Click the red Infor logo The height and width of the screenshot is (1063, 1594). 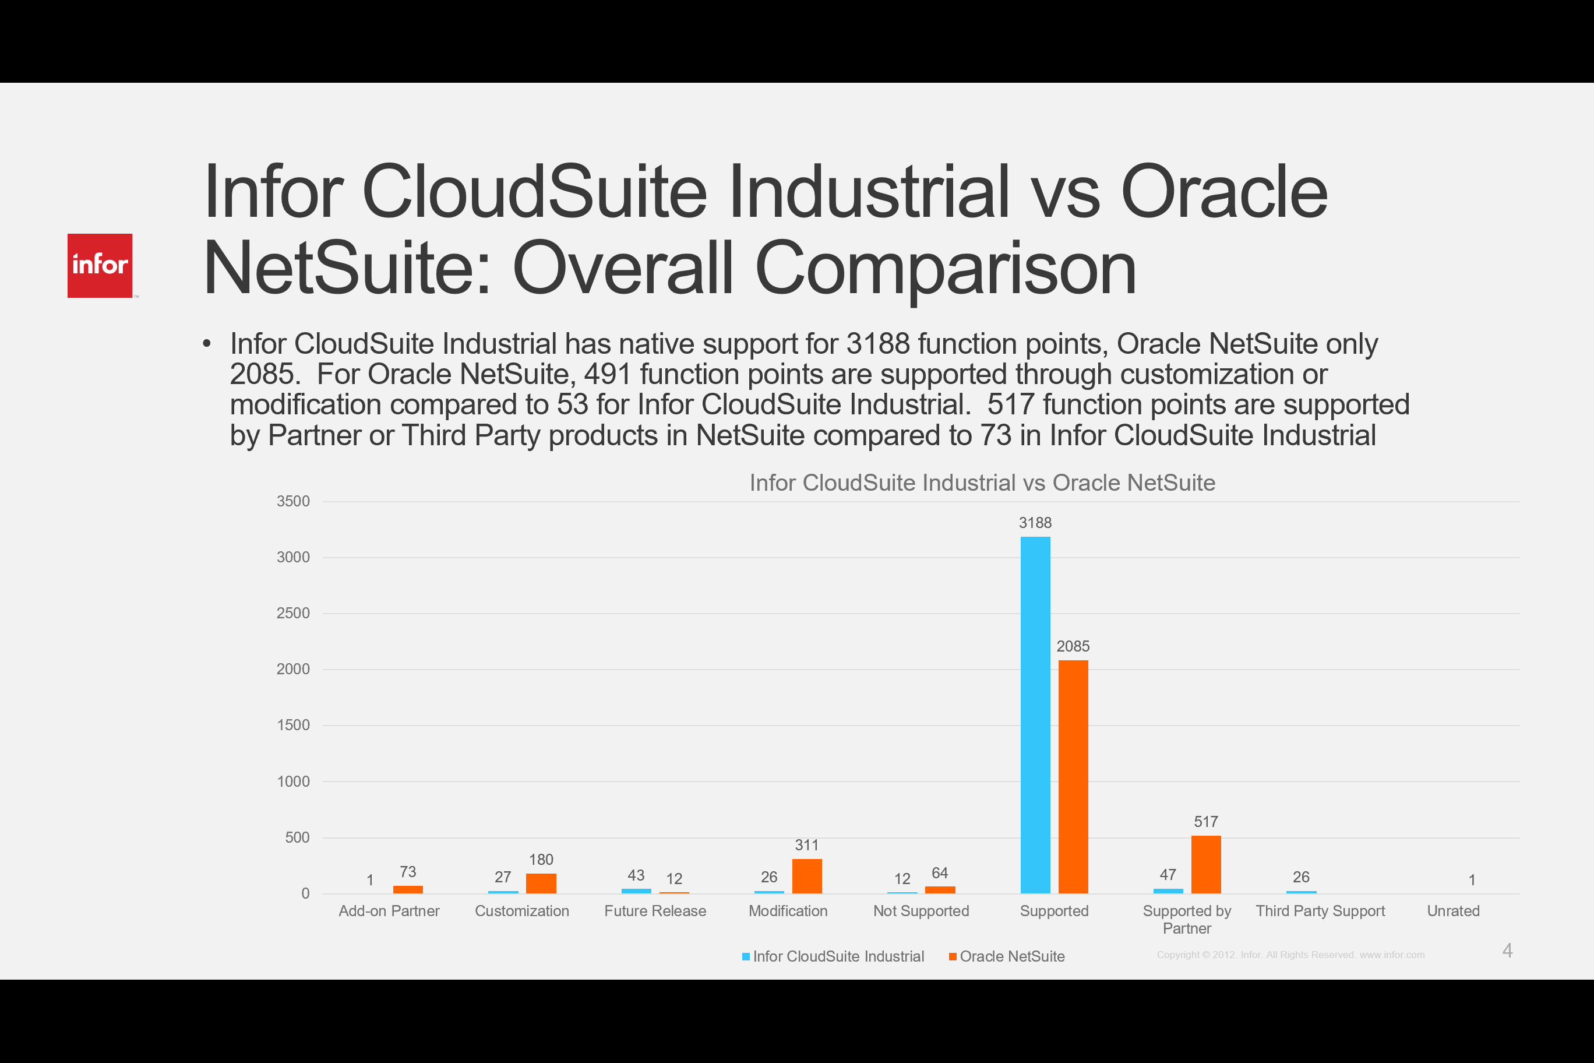tap(100, 265)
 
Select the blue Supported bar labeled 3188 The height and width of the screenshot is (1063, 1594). tap(1035, 714)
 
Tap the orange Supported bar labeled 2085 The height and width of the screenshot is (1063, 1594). tap(1073, 776)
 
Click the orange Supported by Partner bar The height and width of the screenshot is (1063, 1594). tap(1205, 864)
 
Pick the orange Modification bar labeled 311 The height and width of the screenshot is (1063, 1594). tap(806, 876)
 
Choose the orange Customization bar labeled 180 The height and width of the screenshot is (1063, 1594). tap(541, 884)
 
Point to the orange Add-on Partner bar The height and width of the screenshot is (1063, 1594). tap(408, 889)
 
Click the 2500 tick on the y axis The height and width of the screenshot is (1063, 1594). tap(293, 613)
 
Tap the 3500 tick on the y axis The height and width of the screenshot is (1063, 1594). tap(293, 501)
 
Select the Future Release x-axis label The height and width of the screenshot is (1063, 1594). tap(655, 910)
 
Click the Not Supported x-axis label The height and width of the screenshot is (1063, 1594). tap(921, 910)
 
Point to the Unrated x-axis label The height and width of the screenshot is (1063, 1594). tap(1453, 910)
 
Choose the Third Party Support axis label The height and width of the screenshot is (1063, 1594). tap(1320, 910)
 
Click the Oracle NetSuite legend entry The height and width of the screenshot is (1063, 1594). tap(1011, 956)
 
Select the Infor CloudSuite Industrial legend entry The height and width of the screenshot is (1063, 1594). tap(838, 956)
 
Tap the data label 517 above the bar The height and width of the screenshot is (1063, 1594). tap(1205, 822)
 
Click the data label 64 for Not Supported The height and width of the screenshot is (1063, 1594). tap(939, 872)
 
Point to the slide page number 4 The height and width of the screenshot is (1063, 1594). tap(1507, 951)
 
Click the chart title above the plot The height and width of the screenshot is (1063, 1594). tap(982, 483)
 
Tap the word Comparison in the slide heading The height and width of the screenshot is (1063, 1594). tap(945, 269)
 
